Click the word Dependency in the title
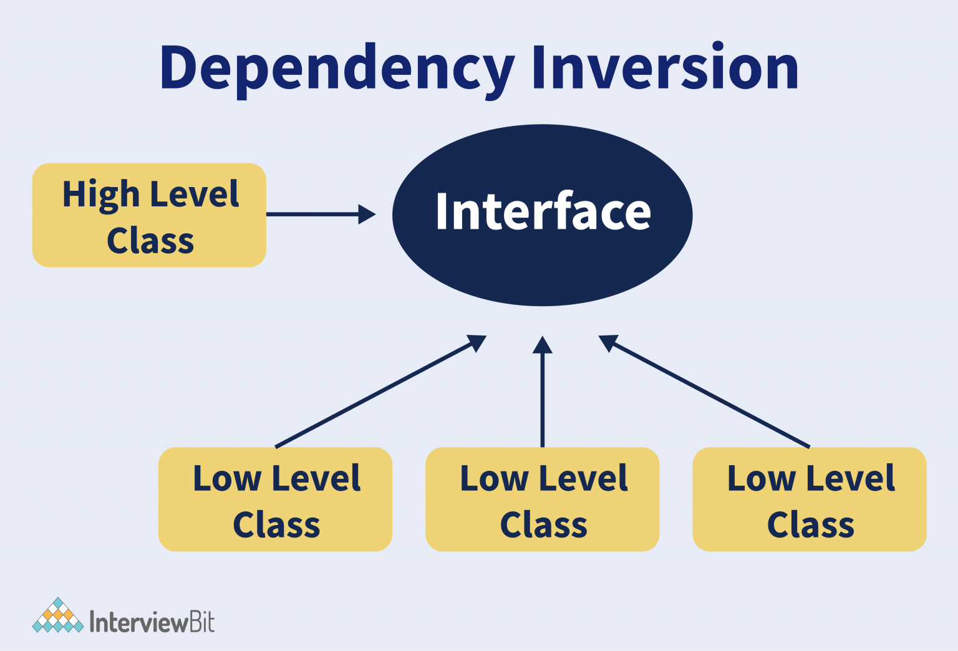coord(337,69)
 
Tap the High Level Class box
coord(149,215)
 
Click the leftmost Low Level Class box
coord(275,499)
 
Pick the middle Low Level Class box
coord(542,499)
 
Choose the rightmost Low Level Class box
coord(810,499)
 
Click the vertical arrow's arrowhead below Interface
coord(543,345)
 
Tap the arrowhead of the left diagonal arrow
coord(477,342)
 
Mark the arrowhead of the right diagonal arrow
coord(607,342)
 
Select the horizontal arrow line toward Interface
coord(312,214)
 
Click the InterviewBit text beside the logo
coord(152,622)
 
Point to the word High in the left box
coord(100,194)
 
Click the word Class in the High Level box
coord(150,241)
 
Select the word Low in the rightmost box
coord(762,478)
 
